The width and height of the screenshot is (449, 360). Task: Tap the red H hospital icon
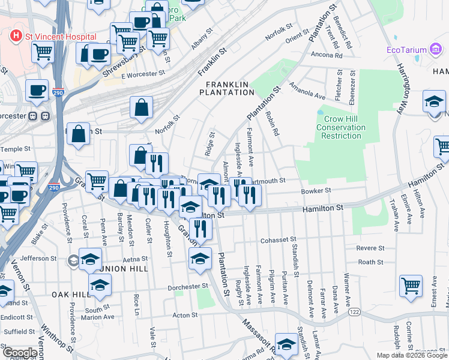pos(16,36)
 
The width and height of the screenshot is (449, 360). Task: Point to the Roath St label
pos(370,262)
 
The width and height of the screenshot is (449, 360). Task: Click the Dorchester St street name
pos(187,286)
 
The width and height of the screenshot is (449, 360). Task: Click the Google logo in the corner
pos(20,353)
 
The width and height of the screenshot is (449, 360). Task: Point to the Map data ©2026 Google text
pos(411,355)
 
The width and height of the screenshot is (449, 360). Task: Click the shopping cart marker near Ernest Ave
pos(411,286)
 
